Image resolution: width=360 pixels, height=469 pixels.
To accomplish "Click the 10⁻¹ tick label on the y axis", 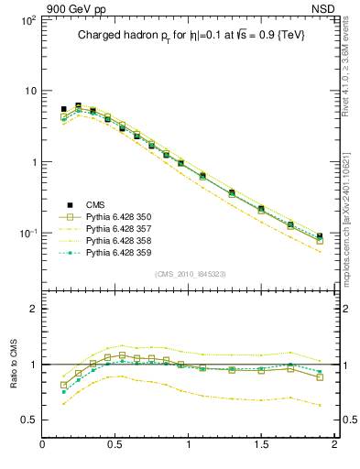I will [x=27, y=234].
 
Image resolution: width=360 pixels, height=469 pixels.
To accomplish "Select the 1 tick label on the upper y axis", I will [x=32, y=162].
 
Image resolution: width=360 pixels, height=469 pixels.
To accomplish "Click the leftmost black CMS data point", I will [x=63, y=109].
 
